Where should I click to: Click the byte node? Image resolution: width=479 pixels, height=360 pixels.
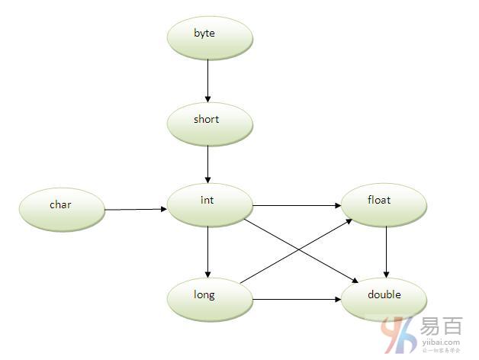click(210, 37)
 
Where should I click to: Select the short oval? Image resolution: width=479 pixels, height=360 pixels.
click(210, 122)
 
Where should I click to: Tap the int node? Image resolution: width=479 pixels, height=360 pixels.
click(210, 204)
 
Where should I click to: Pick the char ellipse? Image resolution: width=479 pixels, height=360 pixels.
click(61, 207)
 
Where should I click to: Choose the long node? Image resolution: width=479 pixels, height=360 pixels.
click(210, 297)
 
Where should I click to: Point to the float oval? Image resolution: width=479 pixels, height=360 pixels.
click(384, 204)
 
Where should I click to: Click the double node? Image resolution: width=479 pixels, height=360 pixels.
click(384, 297)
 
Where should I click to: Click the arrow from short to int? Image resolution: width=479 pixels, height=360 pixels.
click(207, 163)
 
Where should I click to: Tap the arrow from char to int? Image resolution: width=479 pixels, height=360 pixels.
click(136, 208)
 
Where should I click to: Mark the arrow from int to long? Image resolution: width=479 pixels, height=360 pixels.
click(207, 252)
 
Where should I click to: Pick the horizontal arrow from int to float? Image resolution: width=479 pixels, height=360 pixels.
click(297, 204)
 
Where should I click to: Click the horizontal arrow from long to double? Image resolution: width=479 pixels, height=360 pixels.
click(297, 300)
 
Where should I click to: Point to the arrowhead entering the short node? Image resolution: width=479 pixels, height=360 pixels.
click(207, 98)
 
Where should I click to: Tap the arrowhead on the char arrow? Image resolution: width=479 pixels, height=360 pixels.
click(163, 208)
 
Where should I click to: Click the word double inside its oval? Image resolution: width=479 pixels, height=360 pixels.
click(384, 294)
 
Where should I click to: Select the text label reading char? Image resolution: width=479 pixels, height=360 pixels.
click(60, 204)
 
